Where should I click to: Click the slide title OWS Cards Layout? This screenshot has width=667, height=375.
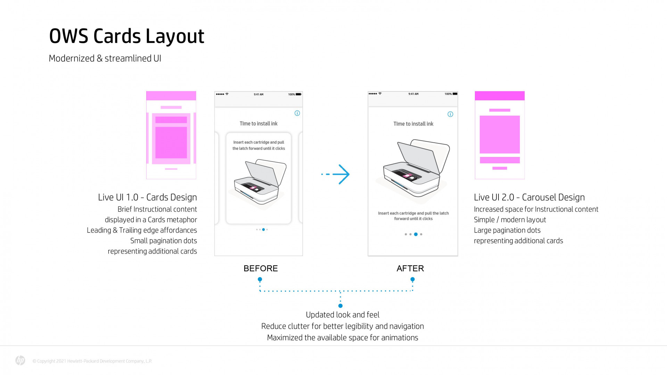pyautogui.click(x=126, y=36)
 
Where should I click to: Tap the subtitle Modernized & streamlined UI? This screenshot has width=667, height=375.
pyautogui.click(x=105, y=58)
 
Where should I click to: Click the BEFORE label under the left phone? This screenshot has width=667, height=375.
pyautogui.click(x=261, y=268)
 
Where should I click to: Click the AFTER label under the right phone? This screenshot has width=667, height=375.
pyautogui.click(x=410, y=268)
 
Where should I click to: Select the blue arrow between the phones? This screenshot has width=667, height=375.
pyautogui.click(x=336, y=174)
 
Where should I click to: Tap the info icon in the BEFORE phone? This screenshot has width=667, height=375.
pyautogui.click(x=297, y=113)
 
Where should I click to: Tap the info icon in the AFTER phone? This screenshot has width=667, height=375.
pyautogui.click(x=450, y=114)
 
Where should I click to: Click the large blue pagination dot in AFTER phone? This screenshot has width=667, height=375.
pyautogui.click(x=416, y=234)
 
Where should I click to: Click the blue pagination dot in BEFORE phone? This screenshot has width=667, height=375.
pyautogui.click(x=263, y=230)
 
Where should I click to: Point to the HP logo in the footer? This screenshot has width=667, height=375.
pyautogui.click(x=20, y=361)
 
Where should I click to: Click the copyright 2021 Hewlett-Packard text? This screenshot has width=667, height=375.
pyautogui.click(x=92, y=361)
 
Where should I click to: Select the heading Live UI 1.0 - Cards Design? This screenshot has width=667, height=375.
pyautogui.click(x=147, y=197)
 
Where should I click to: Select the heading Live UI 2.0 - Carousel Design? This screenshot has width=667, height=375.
pyautogui.click(x=529, y=197)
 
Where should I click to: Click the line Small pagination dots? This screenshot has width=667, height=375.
pyautogui.click(x=163, y=241)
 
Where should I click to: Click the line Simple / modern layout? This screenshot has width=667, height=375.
pyautogui.click(x=510, y=220)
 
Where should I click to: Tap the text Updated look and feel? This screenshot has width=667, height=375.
pyautogui.click(x=343, y=315)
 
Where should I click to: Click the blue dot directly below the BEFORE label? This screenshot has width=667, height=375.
pyautogui.click(x=260, y=279)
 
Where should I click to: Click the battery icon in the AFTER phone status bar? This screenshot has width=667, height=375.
pyautogui.click(x=455, y=94)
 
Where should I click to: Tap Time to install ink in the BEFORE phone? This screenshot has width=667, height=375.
pyautogui.click(x=258, y=124)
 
